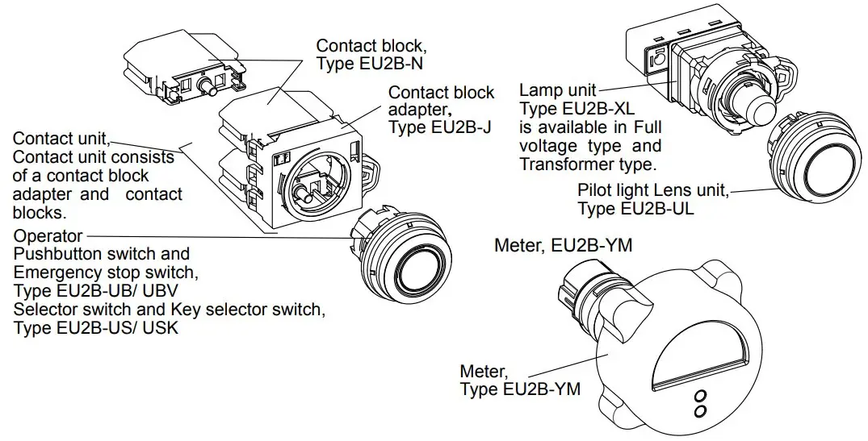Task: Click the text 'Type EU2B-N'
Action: pos(368,64)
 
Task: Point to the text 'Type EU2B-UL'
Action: pos(635,209)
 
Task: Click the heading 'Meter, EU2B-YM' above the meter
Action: pos(563,245)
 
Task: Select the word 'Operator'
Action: pos(48,236)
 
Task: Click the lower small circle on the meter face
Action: pos(700,411)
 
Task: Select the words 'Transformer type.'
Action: pos(587,164)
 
